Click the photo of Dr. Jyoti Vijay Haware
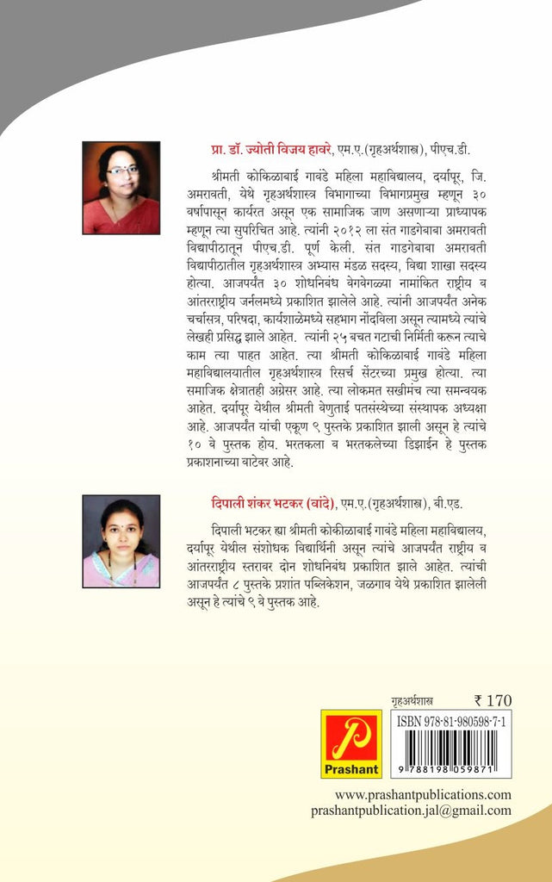121,188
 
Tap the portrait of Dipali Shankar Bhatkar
121,541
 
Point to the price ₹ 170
493,700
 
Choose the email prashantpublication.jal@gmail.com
412,811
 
